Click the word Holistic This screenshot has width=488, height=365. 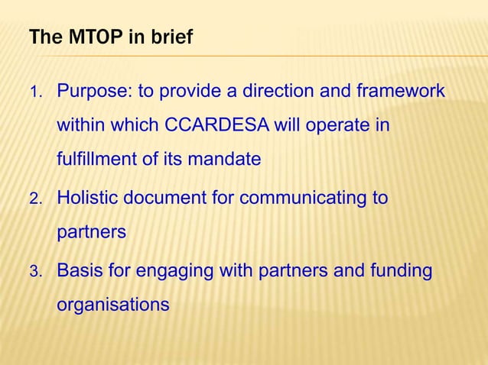[88, 199]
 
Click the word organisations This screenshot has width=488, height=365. [112, 305]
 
